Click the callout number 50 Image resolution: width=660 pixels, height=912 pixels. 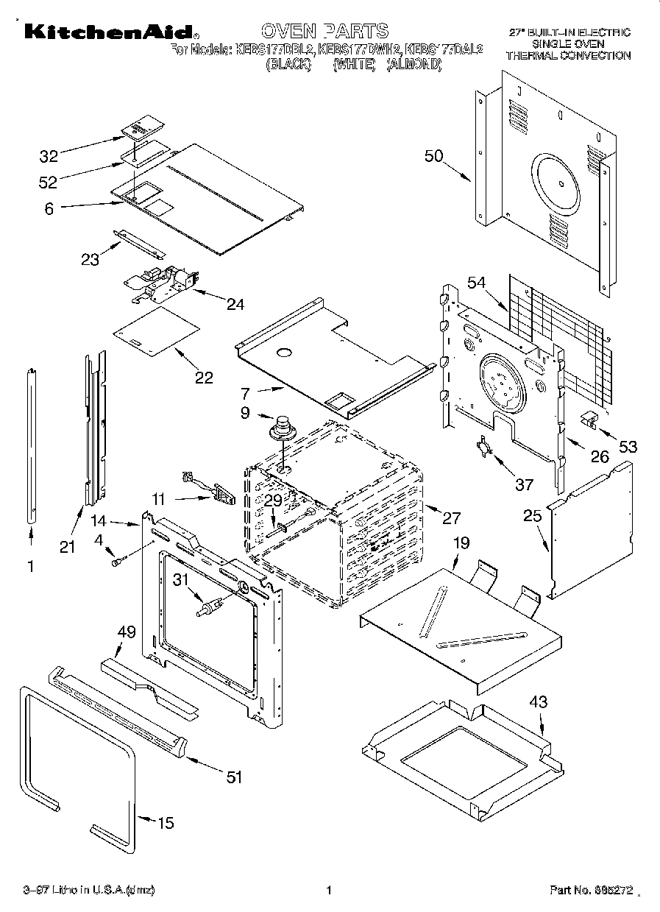coord(434,156)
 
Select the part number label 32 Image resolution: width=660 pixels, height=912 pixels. coord(49,156)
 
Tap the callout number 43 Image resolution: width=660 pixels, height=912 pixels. coord(539,702)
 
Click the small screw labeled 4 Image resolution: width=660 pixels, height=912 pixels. coord(116,562)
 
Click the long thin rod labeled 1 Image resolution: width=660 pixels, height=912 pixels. coord(32,445)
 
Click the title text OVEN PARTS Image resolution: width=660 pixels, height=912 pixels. coord(324,30)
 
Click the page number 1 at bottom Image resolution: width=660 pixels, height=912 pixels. coord(329,890)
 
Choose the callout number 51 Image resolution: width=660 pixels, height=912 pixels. coord(233,777)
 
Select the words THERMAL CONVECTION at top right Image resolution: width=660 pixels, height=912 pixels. coord(569,55)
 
